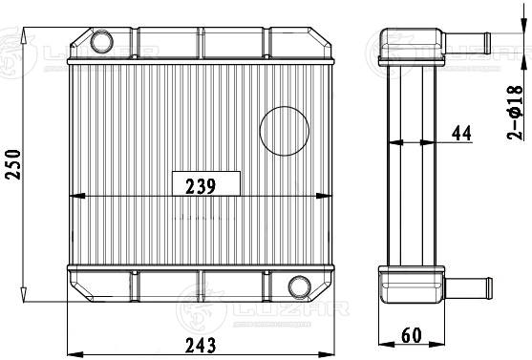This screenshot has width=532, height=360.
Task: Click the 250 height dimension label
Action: (12, 164)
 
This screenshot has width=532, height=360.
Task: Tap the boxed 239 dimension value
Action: (201, 186)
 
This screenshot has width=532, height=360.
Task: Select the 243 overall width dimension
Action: (201, 346)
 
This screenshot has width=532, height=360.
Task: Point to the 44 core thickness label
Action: (461, 133)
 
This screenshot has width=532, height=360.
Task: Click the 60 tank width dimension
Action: (412, 335)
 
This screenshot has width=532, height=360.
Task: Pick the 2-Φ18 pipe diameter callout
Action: (515, 113)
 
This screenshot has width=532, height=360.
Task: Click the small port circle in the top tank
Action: (101, 41)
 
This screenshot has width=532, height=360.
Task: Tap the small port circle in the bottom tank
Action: (299, 287)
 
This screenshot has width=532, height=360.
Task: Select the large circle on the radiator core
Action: (285, 131)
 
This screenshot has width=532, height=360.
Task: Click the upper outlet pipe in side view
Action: (466, 43)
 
